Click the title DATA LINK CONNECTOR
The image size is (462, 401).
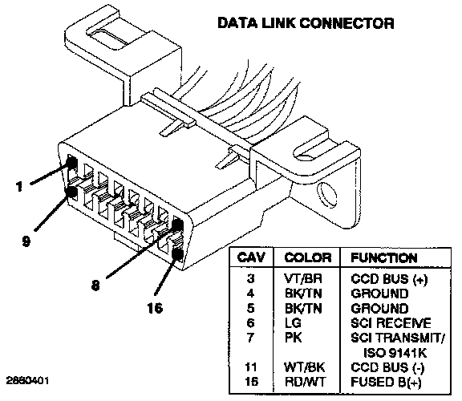306,23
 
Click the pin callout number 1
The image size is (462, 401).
19,186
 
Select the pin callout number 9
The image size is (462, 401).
26,241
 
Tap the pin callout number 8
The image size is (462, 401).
95,285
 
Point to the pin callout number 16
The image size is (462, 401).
155,308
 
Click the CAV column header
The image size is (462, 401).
251,257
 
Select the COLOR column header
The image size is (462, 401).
308,257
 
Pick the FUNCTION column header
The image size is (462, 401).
384,257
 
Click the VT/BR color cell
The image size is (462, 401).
303,279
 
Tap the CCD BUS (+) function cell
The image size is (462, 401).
389,279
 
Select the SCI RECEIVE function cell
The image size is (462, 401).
391,323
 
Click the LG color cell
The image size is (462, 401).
293,323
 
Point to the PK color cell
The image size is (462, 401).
294,338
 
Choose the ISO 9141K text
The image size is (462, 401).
395,352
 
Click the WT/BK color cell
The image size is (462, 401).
304,367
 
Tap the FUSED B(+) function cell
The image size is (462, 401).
386,382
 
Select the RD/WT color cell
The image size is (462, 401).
306,382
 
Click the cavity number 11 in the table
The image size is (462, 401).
251,367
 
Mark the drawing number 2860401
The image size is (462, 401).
28,380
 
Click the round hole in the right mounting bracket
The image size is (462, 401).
326,194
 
